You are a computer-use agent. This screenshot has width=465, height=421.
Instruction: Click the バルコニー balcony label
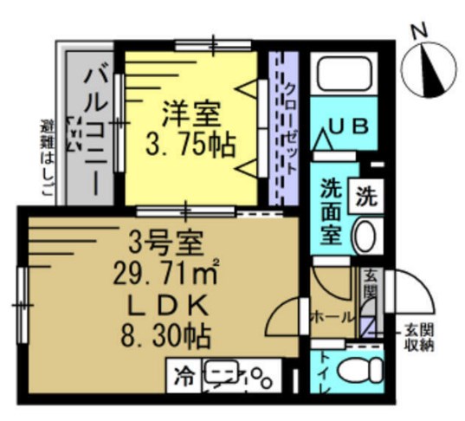click(x=94, y=121)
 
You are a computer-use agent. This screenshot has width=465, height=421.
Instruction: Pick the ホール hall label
click(x=333, y=317)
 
